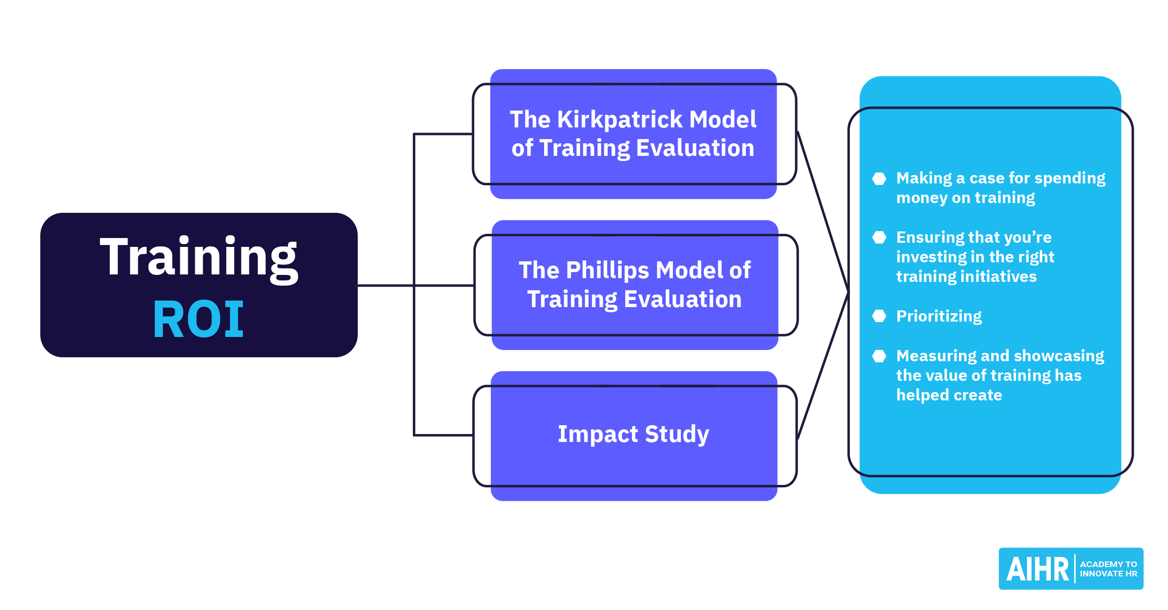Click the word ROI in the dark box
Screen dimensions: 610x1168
[198, 319]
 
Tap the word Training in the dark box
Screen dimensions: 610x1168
[198, 258]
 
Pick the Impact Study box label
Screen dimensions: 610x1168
[633, 434]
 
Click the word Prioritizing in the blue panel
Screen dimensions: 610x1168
[939, 316]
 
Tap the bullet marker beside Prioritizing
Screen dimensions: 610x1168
[879, 316]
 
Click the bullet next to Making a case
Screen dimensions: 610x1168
[879, 179]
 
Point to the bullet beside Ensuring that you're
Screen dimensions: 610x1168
[879, 238]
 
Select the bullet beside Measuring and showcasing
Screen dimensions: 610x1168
[879, 356]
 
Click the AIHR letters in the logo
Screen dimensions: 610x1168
[1037, 569]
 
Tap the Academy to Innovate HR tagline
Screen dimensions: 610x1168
[1108, 569]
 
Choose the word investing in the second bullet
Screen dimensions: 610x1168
[927, 257]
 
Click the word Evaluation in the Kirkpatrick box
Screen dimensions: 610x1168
[695, 148]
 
